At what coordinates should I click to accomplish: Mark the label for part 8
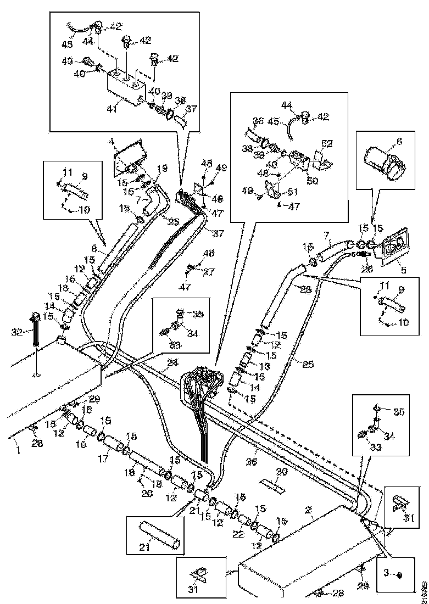[x=94, y=248]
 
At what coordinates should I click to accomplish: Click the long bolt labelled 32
[x=35, y=331]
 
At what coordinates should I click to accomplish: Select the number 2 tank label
[x=310, y=510]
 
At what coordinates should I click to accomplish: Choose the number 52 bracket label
[x=327, y=143]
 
